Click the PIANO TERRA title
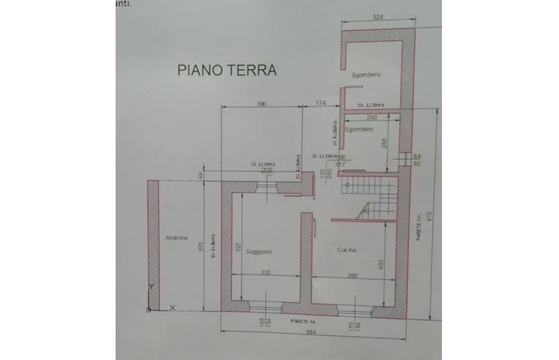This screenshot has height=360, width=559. tap(227, 70)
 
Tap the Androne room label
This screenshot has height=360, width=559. tap(176, 238)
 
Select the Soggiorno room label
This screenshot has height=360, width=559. tap(259, 252)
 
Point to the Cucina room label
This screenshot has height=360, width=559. tap(347, 251)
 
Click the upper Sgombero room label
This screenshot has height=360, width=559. tap(366, 75)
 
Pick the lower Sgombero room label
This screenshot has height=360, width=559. tap(359, 129)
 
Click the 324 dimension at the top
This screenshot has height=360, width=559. tap(378, 16)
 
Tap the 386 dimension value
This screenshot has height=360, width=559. tap(261, 105)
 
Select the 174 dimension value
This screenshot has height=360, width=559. tap(320, 105)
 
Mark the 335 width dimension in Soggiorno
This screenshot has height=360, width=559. tap(265, 273)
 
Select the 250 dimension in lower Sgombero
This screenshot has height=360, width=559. tap(371, 117)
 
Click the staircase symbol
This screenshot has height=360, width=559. tap(369, 198)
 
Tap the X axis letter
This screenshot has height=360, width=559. tap(172, 308)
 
